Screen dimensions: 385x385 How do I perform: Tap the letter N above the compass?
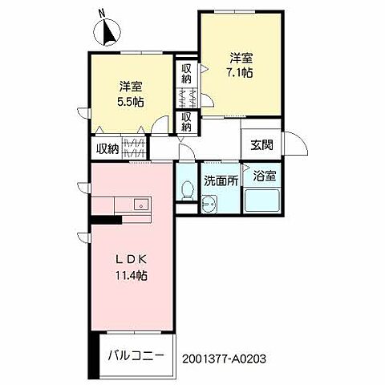point(101,13)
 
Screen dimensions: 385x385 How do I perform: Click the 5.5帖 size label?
point(131,101)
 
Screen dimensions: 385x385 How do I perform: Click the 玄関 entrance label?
point(261,145)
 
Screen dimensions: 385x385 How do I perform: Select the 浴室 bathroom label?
point(264,175)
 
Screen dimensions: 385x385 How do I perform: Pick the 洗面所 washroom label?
point(220,180)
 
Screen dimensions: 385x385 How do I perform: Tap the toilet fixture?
point(187,189)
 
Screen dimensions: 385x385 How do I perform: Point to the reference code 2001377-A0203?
point(229,360)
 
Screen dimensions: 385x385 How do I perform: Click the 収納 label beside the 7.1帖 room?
point(186,74)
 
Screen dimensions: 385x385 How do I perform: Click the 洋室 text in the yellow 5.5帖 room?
point(132,86)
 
